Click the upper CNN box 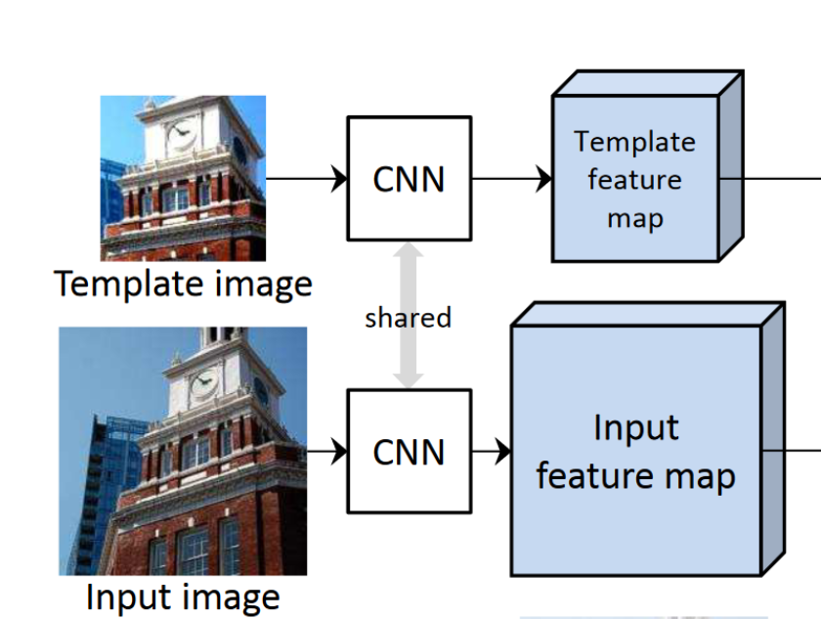(x=409, y=178)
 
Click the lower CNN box (x=409, y=451)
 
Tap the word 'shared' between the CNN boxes (x=409, y=318)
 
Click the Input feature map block (x=635, y=451)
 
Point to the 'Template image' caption (x=184, y=284)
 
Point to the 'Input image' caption (x=183, y=597)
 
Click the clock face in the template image (x=182, y=134)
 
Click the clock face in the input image (x=204, y=382)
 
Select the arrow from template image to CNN (x=306, y=179)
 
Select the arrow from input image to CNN (x=327, y=451)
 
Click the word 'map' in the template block (x=635, y=218)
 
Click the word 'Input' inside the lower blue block (x=635, y=427)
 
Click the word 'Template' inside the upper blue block (x=635, y=142)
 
